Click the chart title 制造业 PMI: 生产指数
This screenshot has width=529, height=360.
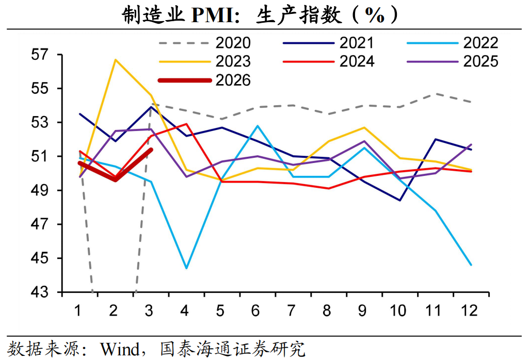click(x=261, y=15)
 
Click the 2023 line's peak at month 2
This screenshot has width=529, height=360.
click(x=115, y=60)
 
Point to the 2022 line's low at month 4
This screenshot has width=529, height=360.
click(x=186, y=268)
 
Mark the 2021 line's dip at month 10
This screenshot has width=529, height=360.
click(x=399, y=200)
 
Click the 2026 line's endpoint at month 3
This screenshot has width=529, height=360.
click(x=151, y=150)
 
